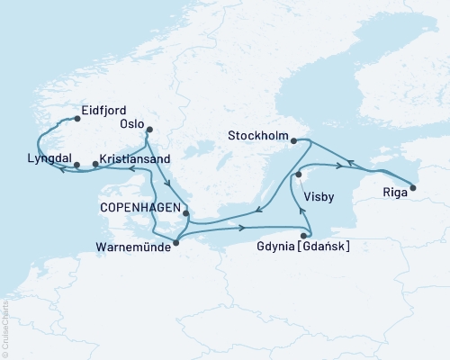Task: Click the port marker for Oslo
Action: click(149, 129)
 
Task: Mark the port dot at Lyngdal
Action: click(76, 165)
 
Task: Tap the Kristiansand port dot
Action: click(94, 165)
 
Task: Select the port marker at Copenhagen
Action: click(186, 213)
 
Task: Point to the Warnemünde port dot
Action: click(175, 241)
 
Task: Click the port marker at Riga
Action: click(413, 188)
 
